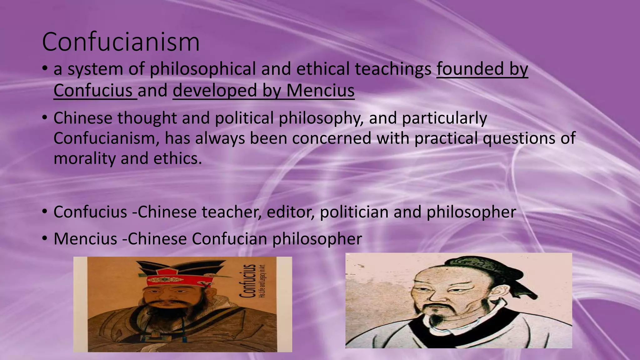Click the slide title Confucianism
tap(121, 42)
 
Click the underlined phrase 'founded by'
tap(482, 69)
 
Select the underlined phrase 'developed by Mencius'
tap(263, 91)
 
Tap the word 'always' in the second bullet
tap(220, 138)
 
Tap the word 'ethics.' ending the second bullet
tap(177, 158)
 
